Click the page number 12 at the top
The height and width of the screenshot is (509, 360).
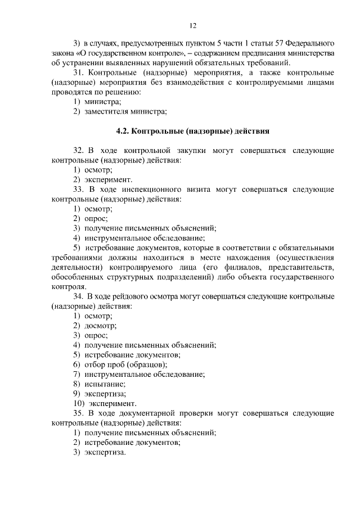click(192, 25)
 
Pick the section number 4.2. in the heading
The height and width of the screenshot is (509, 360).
click(123, 132)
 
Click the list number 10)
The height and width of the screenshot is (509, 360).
click(79, 403)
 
